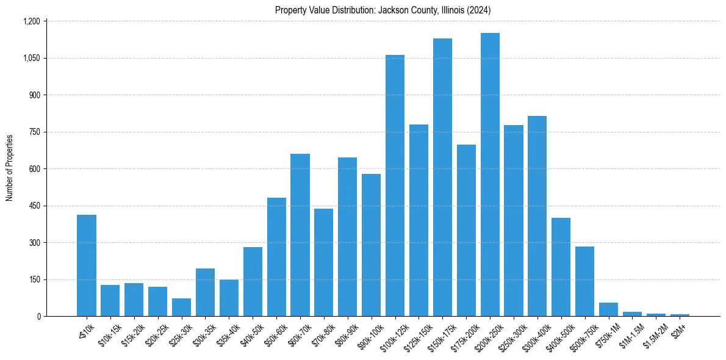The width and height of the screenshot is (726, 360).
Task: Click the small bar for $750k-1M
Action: click(608, 309)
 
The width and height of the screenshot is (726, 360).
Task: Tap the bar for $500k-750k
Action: click(584, 281)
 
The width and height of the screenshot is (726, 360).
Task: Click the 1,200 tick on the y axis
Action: click(31, 21)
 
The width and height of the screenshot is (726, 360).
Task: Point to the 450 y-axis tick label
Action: click(34, 206)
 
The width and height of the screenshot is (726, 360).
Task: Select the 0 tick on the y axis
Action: click(38, 316)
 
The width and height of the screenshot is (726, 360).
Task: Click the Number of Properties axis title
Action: click(10, 168)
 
